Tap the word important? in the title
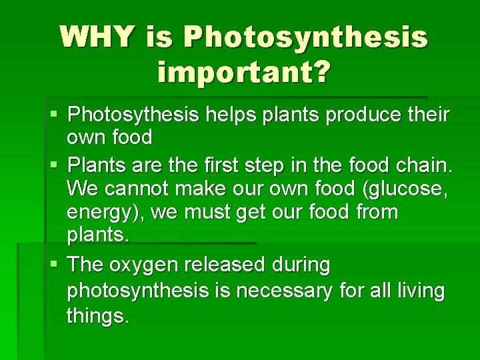[x=243, y=72]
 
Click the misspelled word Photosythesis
[x=133, y=115]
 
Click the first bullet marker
[x=58, y=115]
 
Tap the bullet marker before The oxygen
[x=58, y=265]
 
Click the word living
[x=420, y=290]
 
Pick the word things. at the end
[x=97, y=315]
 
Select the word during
[x=301, y=265]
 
